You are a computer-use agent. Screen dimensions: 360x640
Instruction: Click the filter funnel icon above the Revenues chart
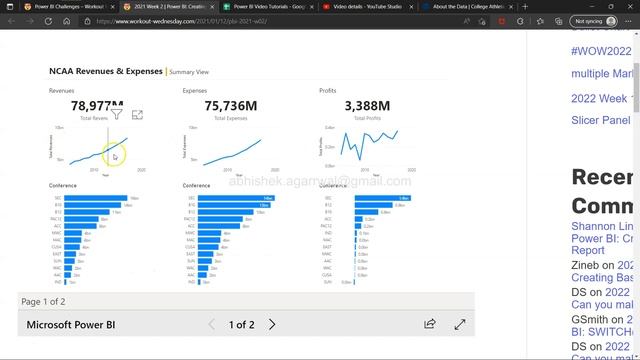click(117, 115)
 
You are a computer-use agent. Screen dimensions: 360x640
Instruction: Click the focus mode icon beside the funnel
click(137, 115)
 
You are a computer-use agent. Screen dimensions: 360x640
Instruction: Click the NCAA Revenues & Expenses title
click(106, 72)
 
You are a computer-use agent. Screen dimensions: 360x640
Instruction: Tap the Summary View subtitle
click(189, 72)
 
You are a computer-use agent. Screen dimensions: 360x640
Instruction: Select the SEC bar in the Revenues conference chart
click(96, 198)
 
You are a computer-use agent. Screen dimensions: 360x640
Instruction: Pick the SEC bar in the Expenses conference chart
click(235, 198)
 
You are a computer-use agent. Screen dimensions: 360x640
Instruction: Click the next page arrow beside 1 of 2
click(272, 325)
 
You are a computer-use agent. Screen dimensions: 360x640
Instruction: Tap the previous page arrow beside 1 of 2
click(211, 325)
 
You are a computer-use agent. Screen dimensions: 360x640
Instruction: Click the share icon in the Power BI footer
click(430, 325)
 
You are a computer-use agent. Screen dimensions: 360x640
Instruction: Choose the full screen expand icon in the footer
click(460, 325)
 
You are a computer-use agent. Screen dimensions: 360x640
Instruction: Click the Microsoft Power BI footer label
click(71, 325)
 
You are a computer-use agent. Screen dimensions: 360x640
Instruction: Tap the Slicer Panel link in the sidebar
click(601, 120)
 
